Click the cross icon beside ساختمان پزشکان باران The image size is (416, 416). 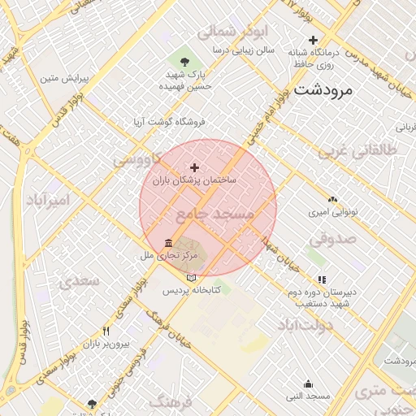click(194, 167)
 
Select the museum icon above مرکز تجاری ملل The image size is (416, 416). click(168, 243)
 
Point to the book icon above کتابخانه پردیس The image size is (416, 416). click(192, 278)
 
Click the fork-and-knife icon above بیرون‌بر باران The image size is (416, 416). click(106, 331)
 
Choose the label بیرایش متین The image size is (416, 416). click(63, 79)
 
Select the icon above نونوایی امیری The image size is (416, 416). click(331, 199)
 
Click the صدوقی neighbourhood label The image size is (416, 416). click(333, 239)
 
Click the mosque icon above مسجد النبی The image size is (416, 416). click(308, 383)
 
